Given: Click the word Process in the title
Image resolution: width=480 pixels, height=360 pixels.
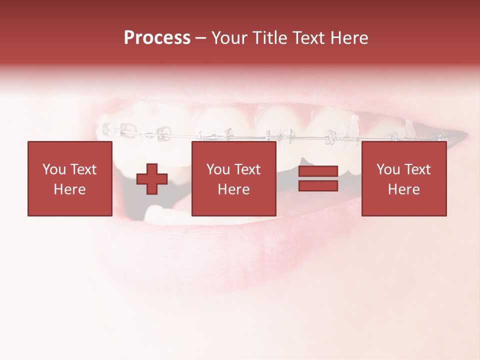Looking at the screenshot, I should pos(157,38).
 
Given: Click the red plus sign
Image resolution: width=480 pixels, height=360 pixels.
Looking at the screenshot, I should pos(152,179).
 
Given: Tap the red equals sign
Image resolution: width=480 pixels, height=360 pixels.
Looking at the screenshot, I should pos(318,179).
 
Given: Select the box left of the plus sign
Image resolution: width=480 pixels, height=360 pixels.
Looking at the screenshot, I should pos(70,179).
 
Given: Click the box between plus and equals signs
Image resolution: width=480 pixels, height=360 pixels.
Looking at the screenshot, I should pos(234,179).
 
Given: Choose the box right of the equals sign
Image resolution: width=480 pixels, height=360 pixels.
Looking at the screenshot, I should pos(404,179).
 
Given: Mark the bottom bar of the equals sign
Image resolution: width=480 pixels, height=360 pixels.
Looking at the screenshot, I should pos(318,186).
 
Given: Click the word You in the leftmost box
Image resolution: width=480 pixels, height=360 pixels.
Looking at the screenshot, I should pos(53,169).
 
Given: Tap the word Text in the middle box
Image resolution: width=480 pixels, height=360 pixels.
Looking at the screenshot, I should pos(247,169).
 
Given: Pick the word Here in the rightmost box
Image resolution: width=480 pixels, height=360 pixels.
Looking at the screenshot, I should pos(404,189).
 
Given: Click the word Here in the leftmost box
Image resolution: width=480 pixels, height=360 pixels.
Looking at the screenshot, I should pos(70,189).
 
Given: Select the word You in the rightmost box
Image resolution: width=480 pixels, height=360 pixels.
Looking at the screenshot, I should pos(387,169).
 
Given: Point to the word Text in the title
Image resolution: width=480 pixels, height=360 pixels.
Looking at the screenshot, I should pos(307,38).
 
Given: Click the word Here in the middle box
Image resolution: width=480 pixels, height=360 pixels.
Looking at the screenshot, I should pos(234,189).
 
